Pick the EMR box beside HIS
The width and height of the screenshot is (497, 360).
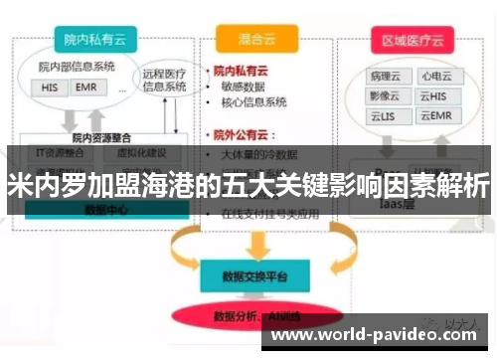[84, 88]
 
